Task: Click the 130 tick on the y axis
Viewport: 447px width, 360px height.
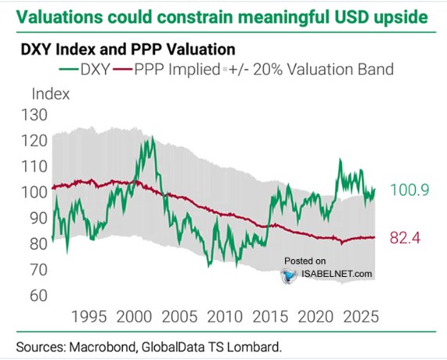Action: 34,115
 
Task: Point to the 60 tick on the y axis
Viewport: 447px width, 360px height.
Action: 38,296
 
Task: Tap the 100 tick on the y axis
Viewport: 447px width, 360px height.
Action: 34,193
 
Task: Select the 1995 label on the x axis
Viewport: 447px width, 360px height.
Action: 89,317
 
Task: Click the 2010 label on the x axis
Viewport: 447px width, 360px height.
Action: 225,317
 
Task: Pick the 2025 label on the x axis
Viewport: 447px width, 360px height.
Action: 361,317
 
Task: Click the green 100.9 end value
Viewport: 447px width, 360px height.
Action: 409,190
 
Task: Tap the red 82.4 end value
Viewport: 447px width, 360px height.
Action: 405,237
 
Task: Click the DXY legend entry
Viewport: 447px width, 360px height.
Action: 85,70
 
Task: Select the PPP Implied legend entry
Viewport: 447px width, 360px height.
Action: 167,70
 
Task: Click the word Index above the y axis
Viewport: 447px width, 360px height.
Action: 51,94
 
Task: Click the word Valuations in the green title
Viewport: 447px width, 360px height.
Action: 59,17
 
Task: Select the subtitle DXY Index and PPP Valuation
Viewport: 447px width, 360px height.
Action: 128,49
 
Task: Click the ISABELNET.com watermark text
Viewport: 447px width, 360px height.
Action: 337,274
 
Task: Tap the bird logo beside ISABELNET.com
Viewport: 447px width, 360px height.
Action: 290,275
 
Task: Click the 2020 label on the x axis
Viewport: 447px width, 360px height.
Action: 315,317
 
